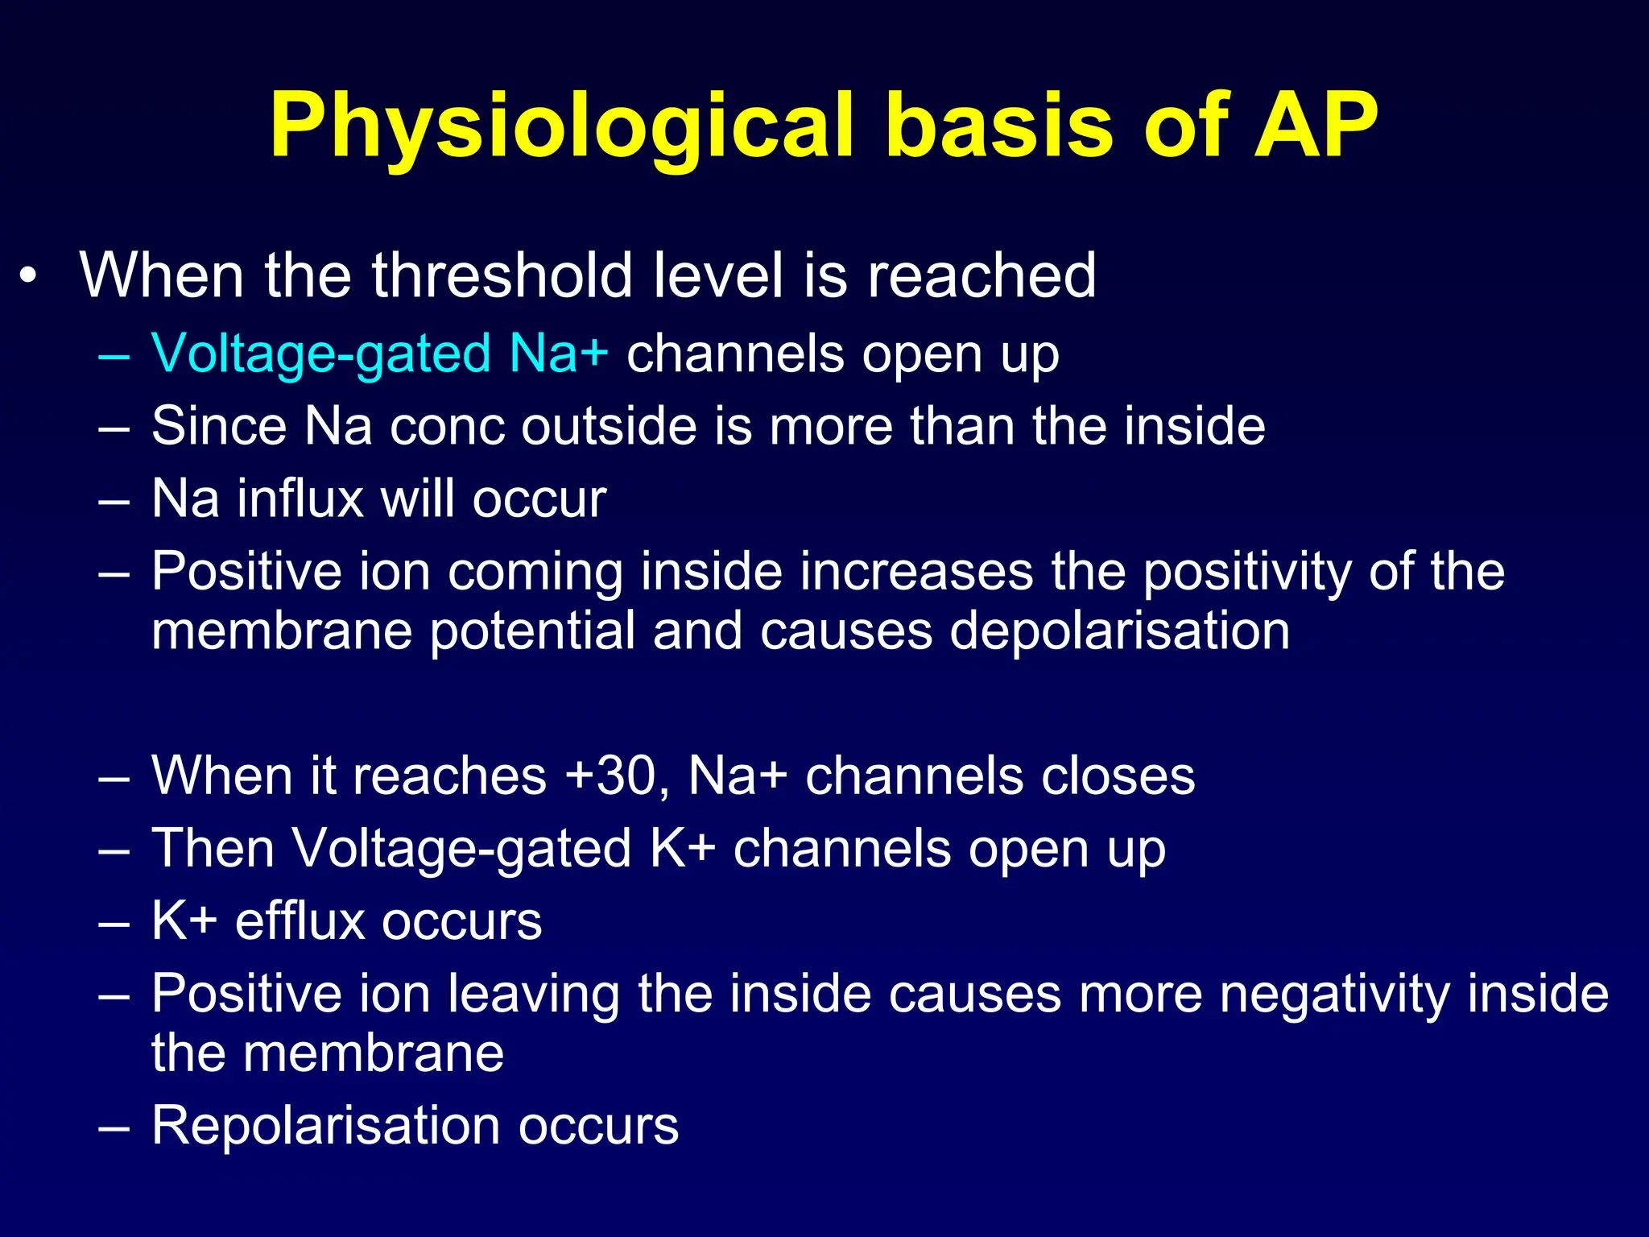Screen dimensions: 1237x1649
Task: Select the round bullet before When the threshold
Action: (x=29, y=277)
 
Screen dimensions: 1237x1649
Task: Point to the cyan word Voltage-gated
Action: (x=320, y=354)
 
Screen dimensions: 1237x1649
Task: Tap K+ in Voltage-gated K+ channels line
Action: (x=682, y=849)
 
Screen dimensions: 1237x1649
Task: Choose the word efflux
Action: (x=300, y=921)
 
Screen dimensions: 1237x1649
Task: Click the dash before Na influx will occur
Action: (x=114, y=500)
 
